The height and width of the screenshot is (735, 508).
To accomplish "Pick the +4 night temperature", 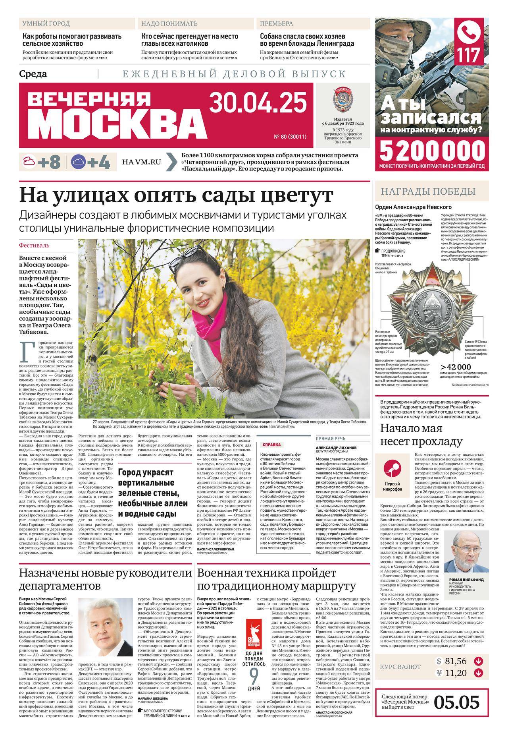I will point(98,162).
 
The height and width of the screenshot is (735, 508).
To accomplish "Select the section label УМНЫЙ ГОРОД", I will point(46,23).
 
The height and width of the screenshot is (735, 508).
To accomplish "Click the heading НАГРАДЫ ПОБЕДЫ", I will point(428,191).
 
